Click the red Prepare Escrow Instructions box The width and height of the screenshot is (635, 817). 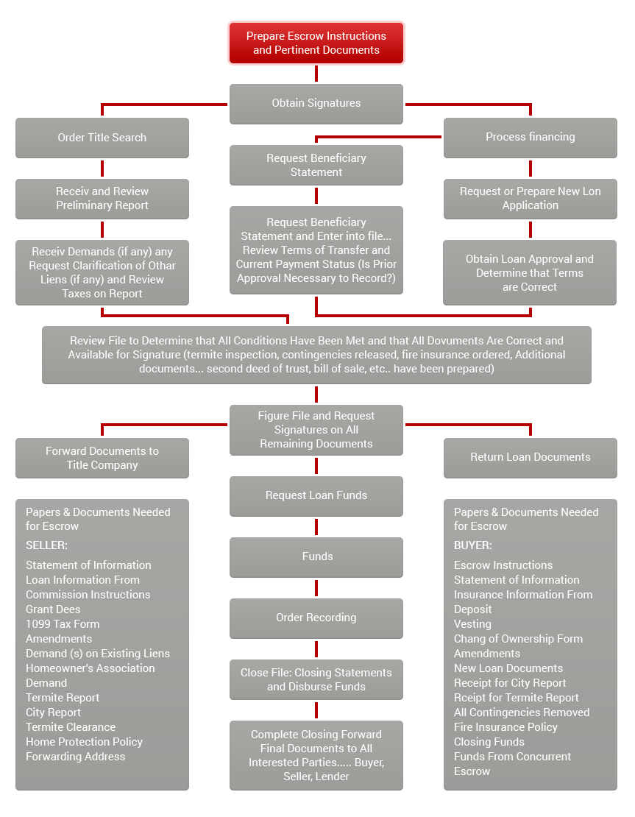click(x=316, y=43)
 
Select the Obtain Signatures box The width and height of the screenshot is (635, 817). click(x=316, y=104)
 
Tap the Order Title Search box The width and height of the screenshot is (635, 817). click(x=102, y=138)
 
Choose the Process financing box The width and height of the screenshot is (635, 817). click(x=531, y=138)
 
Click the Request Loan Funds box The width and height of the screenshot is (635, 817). click(x=316, y=496)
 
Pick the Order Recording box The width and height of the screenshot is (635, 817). click(x=316, y=618)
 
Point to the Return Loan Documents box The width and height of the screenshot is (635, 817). click(x=531, y=458)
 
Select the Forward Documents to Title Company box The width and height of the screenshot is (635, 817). click(x=102, y=458)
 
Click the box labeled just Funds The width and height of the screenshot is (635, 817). click(x=316, y=557)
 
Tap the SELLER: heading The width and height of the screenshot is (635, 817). click(x=47, y=545)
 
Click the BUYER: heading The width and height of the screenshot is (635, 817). click(x=473, y=545)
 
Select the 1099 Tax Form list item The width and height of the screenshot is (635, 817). click(x=63, y=624)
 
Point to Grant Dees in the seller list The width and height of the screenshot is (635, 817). click(x=53, y=609)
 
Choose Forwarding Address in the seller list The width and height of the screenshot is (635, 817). click(x=76, y=757)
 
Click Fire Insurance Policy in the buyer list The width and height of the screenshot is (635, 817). click(x=505, y=727)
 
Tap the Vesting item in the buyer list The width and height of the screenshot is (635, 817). click(x=472, y=624)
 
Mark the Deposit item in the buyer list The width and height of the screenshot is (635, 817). click(x=473, y=609)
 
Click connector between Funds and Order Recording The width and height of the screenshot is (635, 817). click(x=316, y=588)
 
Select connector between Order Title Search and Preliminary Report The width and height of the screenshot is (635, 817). click(x=102, y=169)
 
